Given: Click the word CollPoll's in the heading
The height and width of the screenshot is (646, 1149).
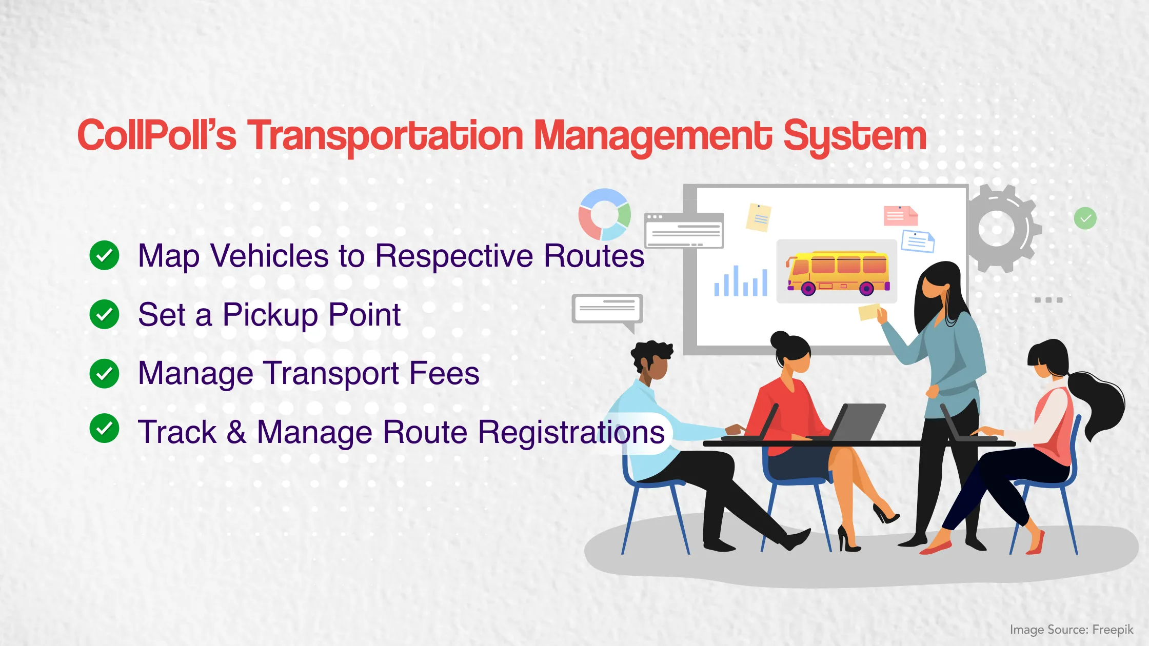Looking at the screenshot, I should (x=156, y=135).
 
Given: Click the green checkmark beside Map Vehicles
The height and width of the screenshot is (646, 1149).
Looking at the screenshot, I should (x=104, y=255).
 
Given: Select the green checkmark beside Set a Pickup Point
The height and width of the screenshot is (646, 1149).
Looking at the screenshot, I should (x=104, y=314).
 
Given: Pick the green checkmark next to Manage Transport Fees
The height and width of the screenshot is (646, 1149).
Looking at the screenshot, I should (x=104, y=373).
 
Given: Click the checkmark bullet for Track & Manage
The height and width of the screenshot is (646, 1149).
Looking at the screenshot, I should (x=104, y=428).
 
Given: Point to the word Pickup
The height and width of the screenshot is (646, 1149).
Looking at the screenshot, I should (x=270, y=315).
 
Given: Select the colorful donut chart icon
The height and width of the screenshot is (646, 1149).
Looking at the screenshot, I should (x=604, y=214).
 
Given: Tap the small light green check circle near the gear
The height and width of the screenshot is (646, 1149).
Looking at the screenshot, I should (x=1085, y=219).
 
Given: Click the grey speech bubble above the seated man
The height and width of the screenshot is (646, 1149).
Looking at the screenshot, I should (x=607, y=309).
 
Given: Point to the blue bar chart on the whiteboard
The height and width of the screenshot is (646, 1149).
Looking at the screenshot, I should (x=741, y=282).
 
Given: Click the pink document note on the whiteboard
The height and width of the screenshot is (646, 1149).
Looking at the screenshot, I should (x=900, y=216).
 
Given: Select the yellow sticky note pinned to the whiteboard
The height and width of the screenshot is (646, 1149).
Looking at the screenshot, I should (x=758, y=217).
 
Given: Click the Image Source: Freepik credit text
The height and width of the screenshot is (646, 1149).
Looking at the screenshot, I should (x=1071, y=630).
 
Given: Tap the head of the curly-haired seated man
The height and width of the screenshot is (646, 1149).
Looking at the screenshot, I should (x=651, y=361).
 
